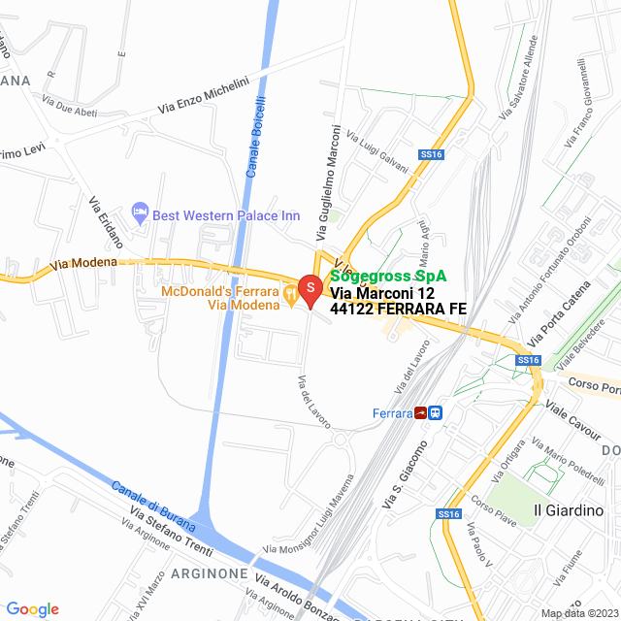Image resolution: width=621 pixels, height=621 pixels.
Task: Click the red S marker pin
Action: [x=310, y=288]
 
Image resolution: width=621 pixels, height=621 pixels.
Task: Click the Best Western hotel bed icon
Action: [x=140, y=212]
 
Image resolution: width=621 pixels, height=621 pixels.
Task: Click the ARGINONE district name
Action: [x=210, y=573]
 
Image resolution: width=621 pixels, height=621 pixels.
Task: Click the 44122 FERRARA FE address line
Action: [x=398, y=309]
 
